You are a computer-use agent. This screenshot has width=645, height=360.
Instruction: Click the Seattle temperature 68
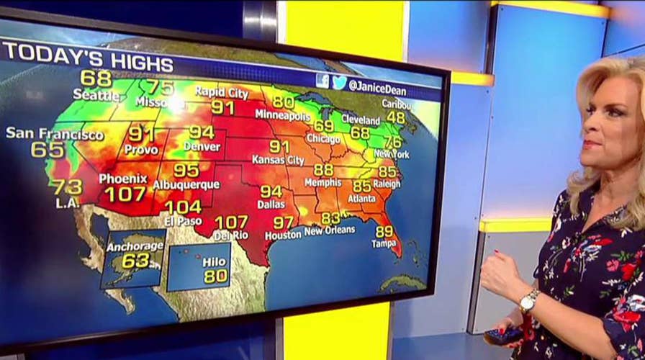tap(95, 77)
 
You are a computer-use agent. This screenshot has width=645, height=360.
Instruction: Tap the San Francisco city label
tap(55, 134)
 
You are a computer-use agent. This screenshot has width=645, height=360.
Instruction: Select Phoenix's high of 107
tap(125, 194)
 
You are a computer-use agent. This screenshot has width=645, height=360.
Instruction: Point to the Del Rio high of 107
tap(231, 222)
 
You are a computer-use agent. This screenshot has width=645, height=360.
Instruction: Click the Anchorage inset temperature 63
tap(135, 261)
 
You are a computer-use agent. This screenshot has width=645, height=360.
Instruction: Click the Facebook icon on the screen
tap(322, 81)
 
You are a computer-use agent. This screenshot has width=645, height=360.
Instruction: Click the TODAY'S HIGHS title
tap(88, 58)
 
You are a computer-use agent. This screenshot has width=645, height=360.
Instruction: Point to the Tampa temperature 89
tap(384, 231)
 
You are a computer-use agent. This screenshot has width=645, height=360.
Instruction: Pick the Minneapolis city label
tap(283, 116)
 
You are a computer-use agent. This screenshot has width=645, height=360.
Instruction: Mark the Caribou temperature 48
tap(396, 117)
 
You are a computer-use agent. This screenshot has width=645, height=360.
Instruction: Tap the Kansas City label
tap(278, 160)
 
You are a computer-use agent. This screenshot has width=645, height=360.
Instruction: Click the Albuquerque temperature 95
tap(186, 171)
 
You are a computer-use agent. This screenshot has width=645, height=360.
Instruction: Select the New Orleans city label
tap(330, 230)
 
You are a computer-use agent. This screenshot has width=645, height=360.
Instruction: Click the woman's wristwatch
tap(529, 301)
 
